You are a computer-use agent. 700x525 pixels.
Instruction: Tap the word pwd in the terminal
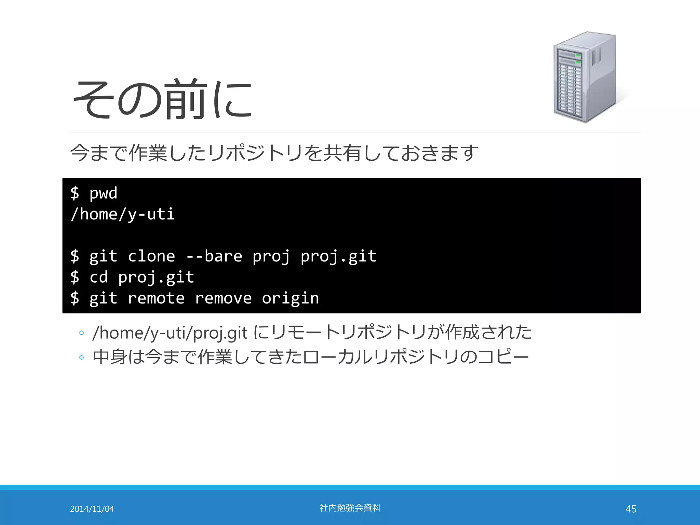103,193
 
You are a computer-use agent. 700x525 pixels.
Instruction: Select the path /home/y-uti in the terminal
123,215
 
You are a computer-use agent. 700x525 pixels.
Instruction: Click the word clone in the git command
151,256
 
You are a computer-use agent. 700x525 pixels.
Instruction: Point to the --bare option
214,256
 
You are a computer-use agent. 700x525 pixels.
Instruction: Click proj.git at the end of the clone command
338,256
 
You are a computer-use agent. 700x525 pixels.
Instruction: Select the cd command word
98,277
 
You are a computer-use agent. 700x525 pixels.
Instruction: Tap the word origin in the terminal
290,298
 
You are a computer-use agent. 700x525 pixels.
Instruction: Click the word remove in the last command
223,298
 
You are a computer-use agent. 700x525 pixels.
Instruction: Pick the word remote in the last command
156,298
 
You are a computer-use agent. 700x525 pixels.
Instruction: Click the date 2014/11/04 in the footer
92,509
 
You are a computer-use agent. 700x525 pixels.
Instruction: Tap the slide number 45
631,509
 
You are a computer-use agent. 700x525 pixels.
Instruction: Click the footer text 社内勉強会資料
350,508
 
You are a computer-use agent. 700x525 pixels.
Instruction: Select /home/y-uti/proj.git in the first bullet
170,333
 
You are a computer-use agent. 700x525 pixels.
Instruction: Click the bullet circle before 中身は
81,358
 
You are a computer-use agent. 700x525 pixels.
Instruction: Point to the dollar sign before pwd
75,193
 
